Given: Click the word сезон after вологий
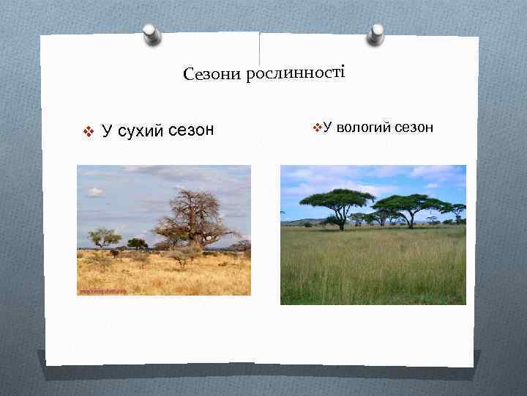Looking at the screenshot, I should coord(414,128).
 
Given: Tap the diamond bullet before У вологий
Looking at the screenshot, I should coord(317,128).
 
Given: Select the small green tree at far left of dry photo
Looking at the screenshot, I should coord(103,237).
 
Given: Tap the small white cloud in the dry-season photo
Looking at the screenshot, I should coord(95,192).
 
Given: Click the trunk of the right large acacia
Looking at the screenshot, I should coord(411,219).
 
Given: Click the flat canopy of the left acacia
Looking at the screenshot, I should coord(337,196).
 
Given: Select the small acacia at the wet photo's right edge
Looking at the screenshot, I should coord(457,210).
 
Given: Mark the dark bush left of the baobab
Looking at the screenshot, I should coord(137,243).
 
